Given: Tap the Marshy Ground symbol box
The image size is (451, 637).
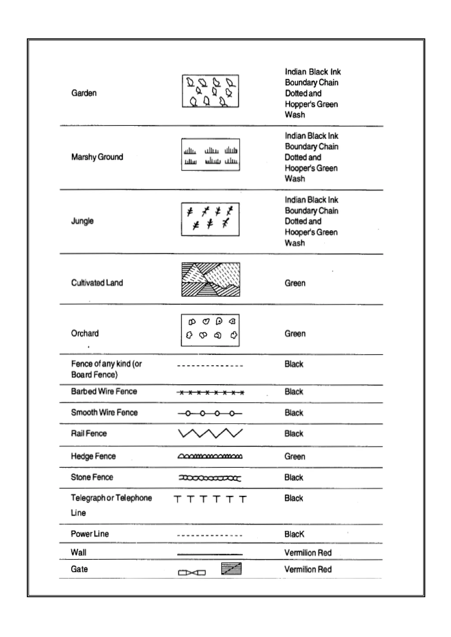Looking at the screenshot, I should pos(211,154).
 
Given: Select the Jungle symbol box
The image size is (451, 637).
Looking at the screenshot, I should pos(210,219).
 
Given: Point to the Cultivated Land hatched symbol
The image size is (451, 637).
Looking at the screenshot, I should pos(211,279).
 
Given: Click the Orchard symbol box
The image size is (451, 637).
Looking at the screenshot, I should pos(210,330).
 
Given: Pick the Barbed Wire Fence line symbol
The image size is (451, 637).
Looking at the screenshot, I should pos(210,392).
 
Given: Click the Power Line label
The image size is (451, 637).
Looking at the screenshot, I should pos(90,534).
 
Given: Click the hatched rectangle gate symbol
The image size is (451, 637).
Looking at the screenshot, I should pos(231,569).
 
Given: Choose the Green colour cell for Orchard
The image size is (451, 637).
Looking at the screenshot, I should pos(295,334).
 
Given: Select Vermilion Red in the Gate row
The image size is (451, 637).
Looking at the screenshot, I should pos(308,569).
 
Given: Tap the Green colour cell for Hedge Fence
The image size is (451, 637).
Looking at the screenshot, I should pos(295,456).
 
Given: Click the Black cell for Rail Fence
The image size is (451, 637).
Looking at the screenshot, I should pos(294,434).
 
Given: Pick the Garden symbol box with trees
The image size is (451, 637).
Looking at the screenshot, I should pos(211,91).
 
